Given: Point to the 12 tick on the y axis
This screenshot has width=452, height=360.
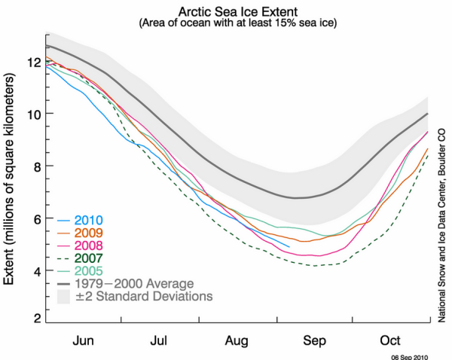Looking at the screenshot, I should pos(34,61).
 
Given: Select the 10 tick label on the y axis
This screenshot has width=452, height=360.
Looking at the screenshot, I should pos(34,114).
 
